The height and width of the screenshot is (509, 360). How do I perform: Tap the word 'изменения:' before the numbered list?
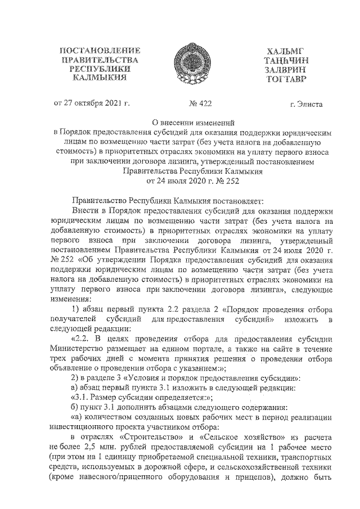coord(70,299)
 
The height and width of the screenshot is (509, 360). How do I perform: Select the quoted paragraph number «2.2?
coord(82,339)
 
